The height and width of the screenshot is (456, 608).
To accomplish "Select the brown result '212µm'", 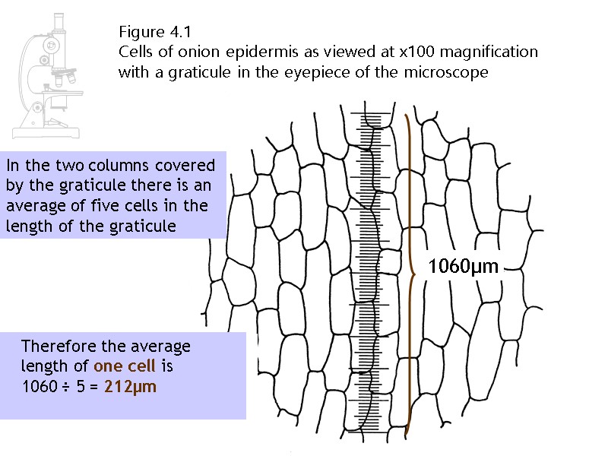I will pyautogui.click(x=131, y=385).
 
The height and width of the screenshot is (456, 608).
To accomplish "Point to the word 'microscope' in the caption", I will pyautogui.click(x=453, y=74).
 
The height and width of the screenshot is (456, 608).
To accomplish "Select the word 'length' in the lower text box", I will pyautogui.click(x=44, y=366).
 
